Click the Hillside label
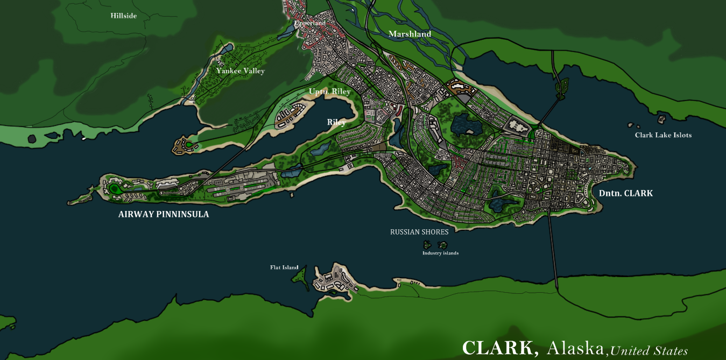pyautogui.click(x=124, y=16)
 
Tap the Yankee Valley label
pyautogui.click(x=241, y=71)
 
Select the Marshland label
pyautogui.click(x=410, y=34)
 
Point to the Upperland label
pyautogui.click(x=310, y=24)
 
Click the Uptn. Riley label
pyautogui.click(x=329, y=91)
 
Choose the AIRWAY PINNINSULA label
pyautogui.click(x=164, y=214)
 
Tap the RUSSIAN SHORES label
pyautogui.click(x=419, y=232)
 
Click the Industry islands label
pyautogui.click(x=440, y=253)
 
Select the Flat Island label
pyautogui.click(x=284, y=267)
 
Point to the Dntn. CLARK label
pyautogui.click(x=626, y=193)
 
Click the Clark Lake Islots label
pyautogui.click(x=663, y=135)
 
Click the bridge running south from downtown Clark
pyautogui.click(x=553, y=253)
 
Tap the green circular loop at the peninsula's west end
pyautogui.click(x=115, y=188)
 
